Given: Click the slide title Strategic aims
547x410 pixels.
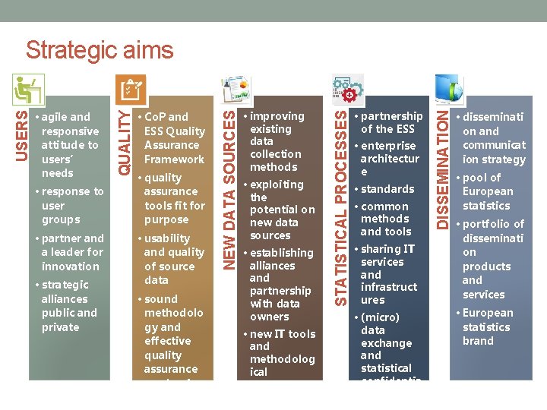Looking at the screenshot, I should (x=100, y=51).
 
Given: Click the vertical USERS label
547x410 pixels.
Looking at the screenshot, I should (x=24, y=135).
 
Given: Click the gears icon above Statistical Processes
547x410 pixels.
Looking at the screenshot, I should (x=346, y=89).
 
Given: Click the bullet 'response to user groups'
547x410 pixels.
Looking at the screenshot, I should (x=71, y=206).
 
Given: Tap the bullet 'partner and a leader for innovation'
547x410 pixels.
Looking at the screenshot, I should (x=71, y=252).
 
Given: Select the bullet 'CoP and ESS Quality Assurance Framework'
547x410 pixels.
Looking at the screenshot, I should (x=173, y=138).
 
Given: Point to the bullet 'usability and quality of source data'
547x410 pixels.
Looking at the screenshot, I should (x=173, y=259).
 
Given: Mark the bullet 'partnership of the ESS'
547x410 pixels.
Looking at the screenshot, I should (x=390, y=122).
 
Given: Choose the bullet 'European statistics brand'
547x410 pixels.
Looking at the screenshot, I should (x=488, y=326).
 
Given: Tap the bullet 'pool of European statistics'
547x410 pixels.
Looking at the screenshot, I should (x=487, y=191).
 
